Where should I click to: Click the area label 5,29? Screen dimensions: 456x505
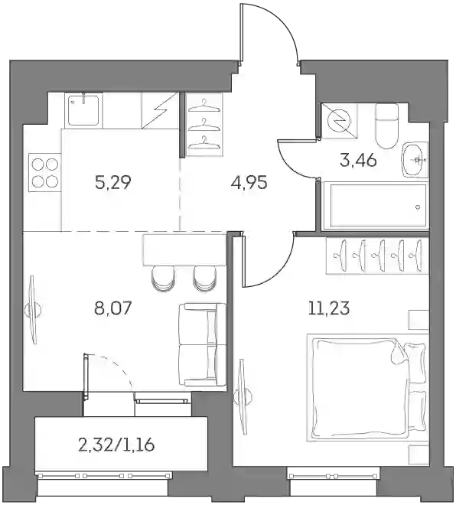point(112,183)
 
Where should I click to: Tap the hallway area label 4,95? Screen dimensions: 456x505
point(249,183)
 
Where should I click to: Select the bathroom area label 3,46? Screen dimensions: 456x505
point(358,160)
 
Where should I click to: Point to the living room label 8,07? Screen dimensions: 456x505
point(112,308)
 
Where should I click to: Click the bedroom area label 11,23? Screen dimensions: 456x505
point(329,309)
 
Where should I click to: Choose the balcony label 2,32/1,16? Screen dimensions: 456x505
point(116,445)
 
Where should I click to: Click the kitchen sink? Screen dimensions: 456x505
point(83,109)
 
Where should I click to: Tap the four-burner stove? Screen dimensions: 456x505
point(45,173)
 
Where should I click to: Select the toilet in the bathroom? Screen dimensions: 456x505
point(386,125)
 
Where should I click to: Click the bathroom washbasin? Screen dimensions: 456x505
point(415,159)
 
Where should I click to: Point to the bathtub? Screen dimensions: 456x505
point(376,206)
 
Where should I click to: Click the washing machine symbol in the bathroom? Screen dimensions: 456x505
point(340,121)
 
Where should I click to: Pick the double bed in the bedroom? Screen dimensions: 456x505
point(368,386)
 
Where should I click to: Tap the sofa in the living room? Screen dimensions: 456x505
point(202,344)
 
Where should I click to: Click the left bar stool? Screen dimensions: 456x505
point(164,279)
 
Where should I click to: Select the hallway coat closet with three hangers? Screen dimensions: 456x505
point(205,125)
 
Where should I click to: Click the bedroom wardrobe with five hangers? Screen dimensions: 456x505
point(377,256)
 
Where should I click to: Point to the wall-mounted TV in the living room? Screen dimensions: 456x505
point(32,310)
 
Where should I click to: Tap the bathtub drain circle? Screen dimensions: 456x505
point(418,207)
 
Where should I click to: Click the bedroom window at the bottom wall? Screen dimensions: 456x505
point(334,476)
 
